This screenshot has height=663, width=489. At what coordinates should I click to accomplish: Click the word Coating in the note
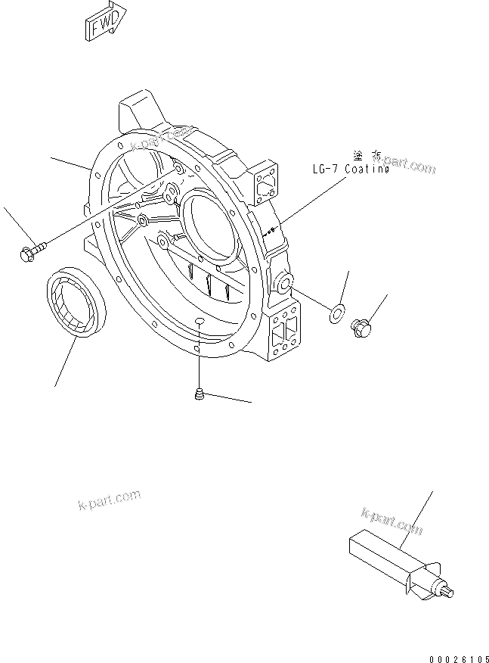[x=367, y=170]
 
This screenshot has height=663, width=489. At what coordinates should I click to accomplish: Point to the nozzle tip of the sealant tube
[x=450, y=593]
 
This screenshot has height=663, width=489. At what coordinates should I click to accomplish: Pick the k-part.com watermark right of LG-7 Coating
[x=409, y=165]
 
